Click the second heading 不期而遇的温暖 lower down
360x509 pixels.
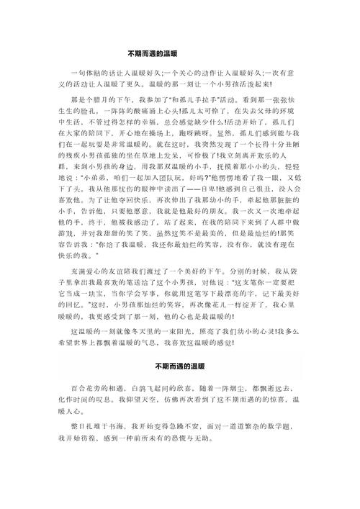click(180, 364)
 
